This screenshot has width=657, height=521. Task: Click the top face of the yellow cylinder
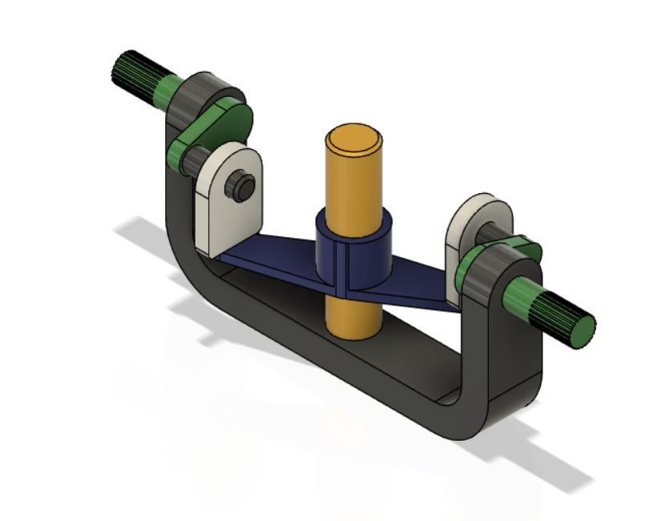coord(353,139)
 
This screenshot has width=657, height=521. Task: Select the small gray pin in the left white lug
coord(241,187)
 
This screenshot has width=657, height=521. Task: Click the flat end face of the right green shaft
coord(582,331)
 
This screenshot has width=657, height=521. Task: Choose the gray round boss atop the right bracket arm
coord(489,277)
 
